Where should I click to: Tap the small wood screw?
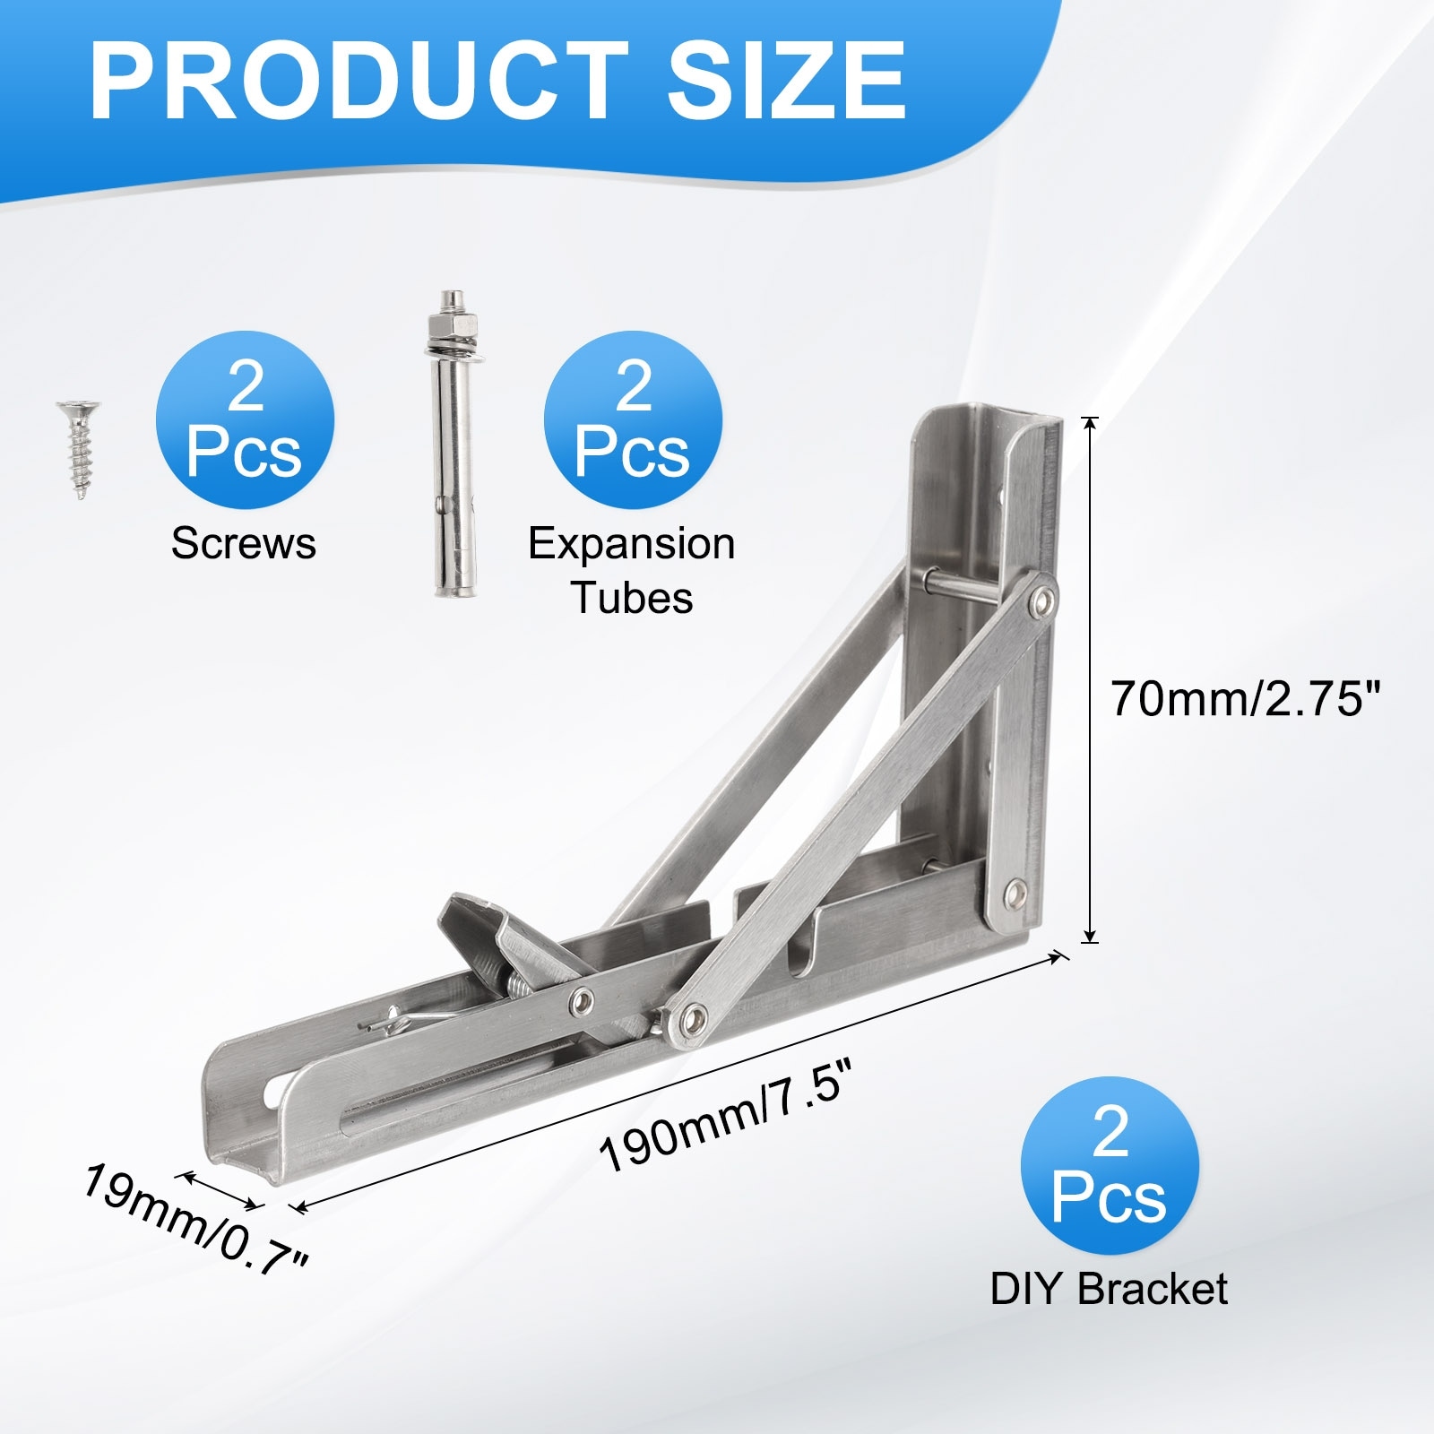tap(79, 449)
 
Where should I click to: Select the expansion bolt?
tap(455, 445)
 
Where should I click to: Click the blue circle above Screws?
tap(245, 420)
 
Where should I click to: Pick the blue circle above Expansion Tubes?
tap(633, 420)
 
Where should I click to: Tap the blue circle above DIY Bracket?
tap(1110, 1165)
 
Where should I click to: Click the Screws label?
tap(244, 543)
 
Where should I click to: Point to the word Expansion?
tap(632, 545)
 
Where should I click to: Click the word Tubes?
tap(633, 598)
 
